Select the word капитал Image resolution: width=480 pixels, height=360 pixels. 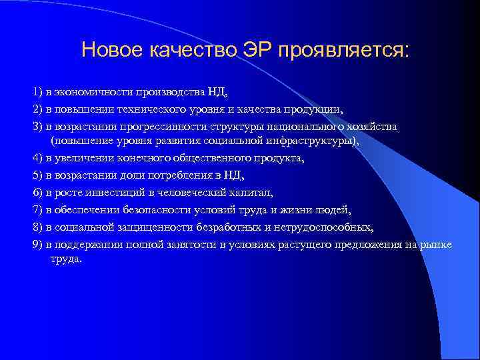click(x=235, y=193)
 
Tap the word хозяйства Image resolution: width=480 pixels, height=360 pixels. click(x=374, y=126)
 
